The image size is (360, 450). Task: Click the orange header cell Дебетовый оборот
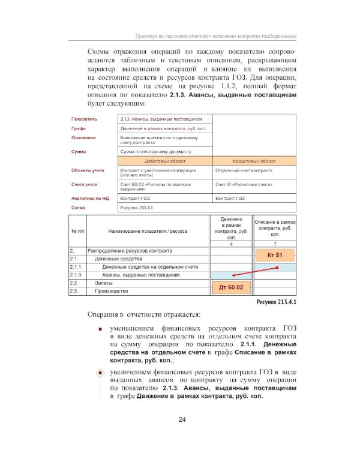click(165, 161)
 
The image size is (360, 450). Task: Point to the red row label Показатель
click(83, 119)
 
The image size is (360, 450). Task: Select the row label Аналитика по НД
click(89, 197)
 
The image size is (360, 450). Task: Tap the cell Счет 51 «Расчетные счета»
click(239, 184)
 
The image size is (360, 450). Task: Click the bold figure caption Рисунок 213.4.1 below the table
click(275, 302)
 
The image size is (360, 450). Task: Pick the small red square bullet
click(100, 329)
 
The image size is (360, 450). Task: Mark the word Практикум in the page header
click(151, 36)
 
